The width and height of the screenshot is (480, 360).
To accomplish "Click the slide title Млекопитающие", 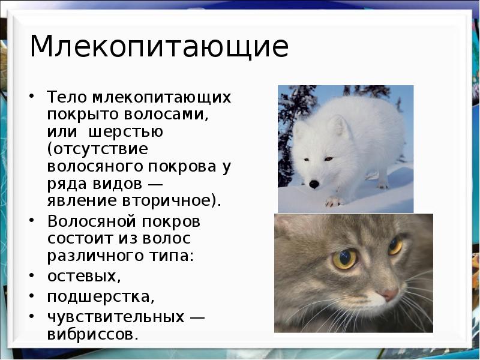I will (159, 47).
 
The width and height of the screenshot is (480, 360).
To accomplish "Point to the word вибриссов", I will (92, 334).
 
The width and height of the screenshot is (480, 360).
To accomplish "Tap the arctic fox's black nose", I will (314, 184).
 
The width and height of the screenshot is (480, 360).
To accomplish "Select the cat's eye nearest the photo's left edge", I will (344, 259).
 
